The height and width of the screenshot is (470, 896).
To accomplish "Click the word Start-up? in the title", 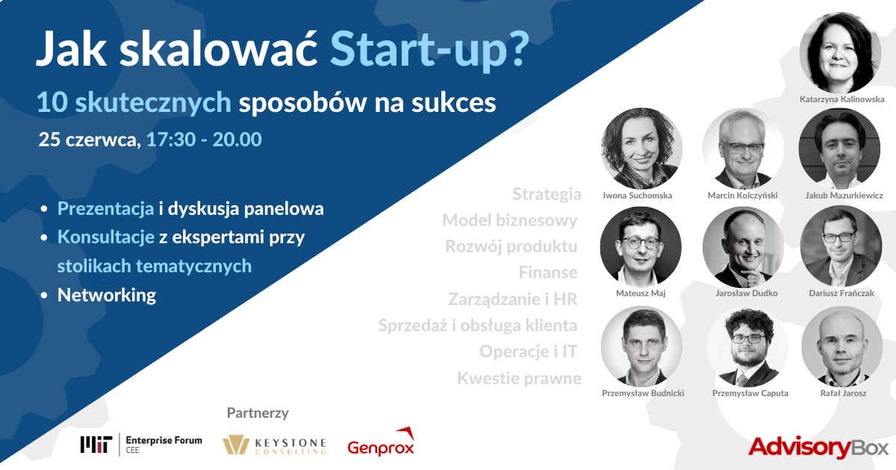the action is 429,50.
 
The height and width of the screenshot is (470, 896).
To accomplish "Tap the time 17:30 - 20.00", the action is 204,140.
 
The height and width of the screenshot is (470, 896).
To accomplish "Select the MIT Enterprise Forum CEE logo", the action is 141,445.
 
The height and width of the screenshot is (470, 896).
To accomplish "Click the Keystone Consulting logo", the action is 275,445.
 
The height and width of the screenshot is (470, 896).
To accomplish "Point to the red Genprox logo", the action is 381,442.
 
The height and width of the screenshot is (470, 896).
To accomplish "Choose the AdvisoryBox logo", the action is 818,447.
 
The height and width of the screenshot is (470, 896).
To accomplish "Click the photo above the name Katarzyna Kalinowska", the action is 840,53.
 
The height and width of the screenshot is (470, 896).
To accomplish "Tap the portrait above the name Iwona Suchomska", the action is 641,148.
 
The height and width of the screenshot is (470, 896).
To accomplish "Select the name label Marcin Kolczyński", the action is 742,195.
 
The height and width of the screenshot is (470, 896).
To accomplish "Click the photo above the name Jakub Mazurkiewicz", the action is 840,148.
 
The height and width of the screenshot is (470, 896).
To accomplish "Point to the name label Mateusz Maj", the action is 641,293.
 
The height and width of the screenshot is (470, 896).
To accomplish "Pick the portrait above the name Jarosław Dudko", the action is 743,247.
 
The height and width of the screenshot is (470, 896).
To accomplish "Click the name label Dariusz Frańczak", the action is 841,293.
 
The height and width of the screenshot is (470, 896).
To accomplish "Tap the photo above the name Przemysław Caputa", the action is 747,347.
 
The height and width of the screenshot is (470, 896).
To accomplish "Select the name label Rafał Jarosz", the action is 843,393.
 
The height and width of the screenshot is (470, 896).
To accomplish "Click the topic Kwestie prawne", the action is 519,378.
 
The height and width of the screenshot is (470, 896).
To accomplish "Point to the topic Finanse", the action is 548,272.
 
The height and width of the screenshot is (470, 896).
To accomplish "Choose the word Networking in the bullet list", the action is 107,295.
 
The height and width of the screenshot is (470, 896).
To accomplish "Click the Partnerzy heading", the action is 258,413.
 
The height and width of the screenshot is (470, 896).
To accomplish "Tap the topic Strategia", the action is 547,194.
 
